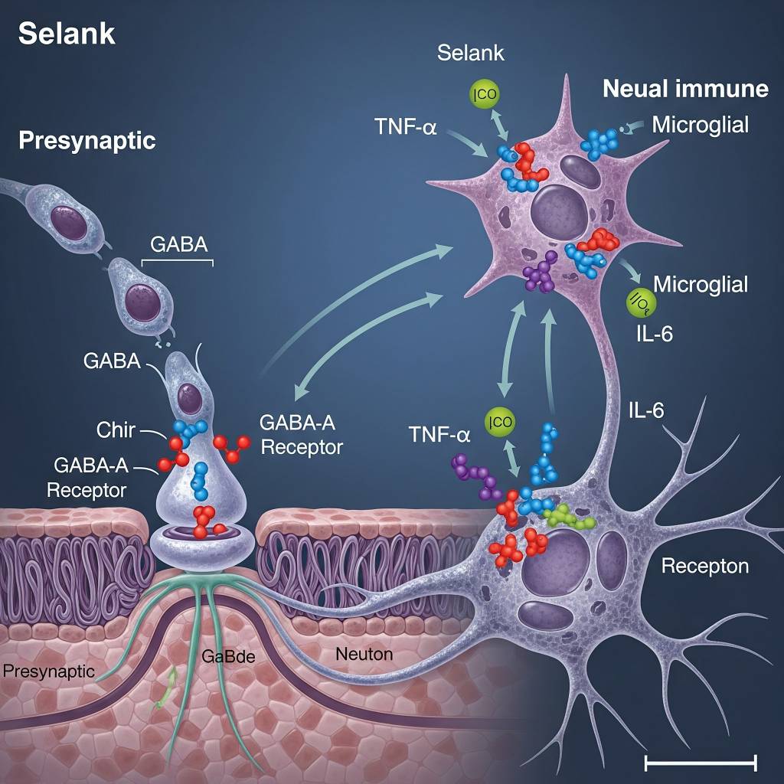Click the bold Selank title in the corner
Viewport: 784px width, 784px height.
(x=67, y=34)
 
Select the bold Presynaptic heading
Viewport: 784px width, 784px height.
(x=87, y=141)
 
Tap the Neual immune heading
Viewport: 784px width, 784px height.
(x=685, y=89)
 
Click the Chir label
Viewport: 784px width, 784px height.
(x=116, y=430)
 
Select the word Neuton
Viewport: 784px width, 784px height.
(x=364, y=654)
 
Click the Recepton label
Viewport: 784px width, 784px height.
(x=704, y=567)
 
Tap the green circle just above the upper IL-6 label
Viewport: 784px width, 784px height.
(x=638, y=304)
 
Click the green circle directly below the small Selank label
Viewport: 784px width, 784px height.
(x=484, y=95)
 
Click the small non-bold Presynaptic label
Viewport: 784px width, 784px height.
(x=48, y=671)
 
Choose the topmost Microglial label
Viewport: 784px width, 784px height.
(x=700, y=125)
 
